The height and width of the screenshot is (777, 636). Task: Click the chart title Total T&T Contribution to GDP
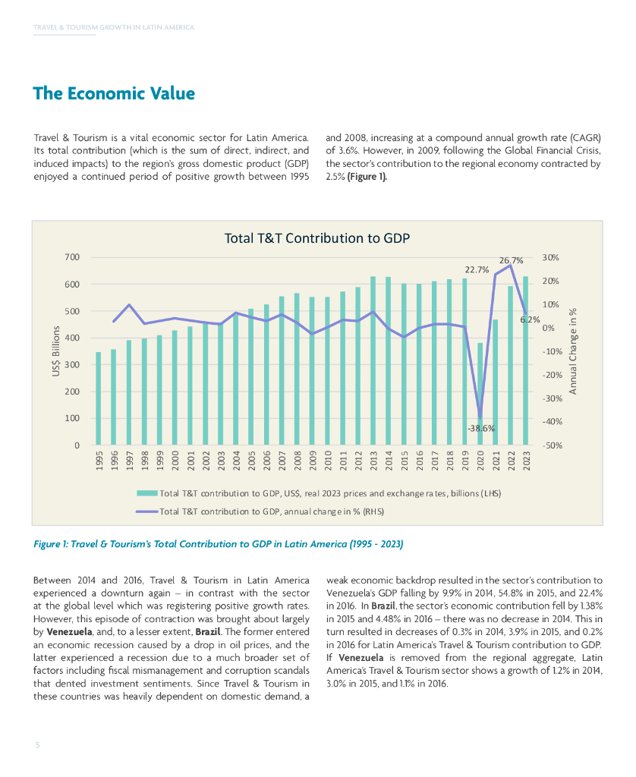point(316,238)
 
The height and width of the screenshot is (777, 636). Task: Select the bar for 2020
point(480,394)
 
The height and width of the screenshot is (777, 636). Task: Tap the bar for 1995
point(98,398)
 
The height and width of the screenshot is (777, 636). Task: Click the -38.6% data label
point(481,428)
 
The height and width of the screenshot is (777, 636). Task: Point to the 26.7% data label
point(511,261)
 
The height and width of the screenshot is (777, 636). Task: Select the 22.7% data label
point(477,269)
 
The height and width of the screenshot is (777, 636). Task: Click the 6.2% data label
point(529,319)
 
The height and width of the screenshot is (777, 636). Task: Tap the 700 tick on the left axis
point(72,257)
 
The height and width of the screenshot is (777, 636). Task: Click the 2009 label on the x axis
point(313,461)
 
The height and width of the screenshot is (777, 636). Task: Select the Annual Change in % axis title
point(574,351)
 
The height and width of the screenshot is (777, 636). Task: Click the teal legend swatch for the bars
point(146,493)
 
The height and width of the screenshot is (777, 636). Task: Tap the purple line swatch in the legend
point(146,511)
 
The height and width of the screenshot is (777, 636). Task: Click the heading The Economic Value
point(114,94)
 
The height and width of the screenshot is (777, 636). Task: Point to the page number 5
point(36,745)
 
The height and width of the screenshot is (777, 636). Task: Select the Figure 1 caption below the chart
point(219,544)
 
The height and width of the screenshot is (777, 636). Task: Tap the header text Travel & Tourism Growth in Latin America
point(114,27)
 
